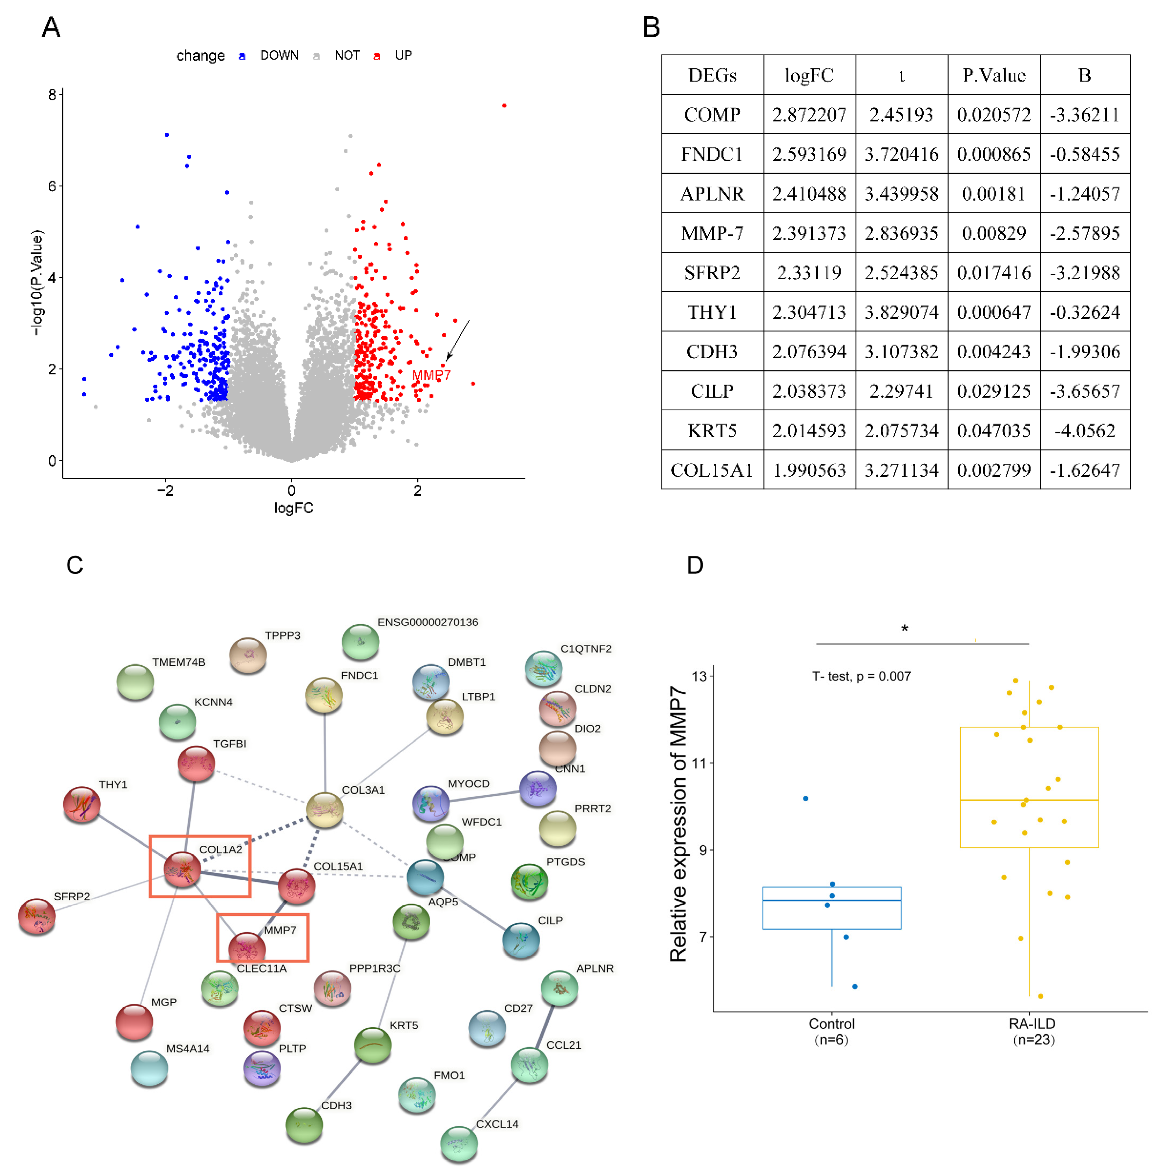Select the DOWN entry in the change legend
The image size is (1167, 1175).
tap(279, 55)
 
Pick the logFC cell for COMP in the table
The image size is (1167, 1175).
tap(809, 114)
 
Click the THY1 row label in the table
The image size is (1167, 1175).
tap(712, 312)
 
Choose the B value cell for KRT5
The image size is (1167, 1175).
tap(1084, 430)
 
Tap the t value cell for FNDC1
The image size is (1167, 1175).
tap(901, 154)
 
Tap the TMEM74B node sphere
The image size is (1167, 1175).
tap(135, 681)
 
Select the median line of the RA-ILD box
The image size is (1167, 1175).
tap(1029, 800)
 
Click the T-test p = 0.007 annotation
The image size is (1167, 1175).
tap(861, 676)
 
